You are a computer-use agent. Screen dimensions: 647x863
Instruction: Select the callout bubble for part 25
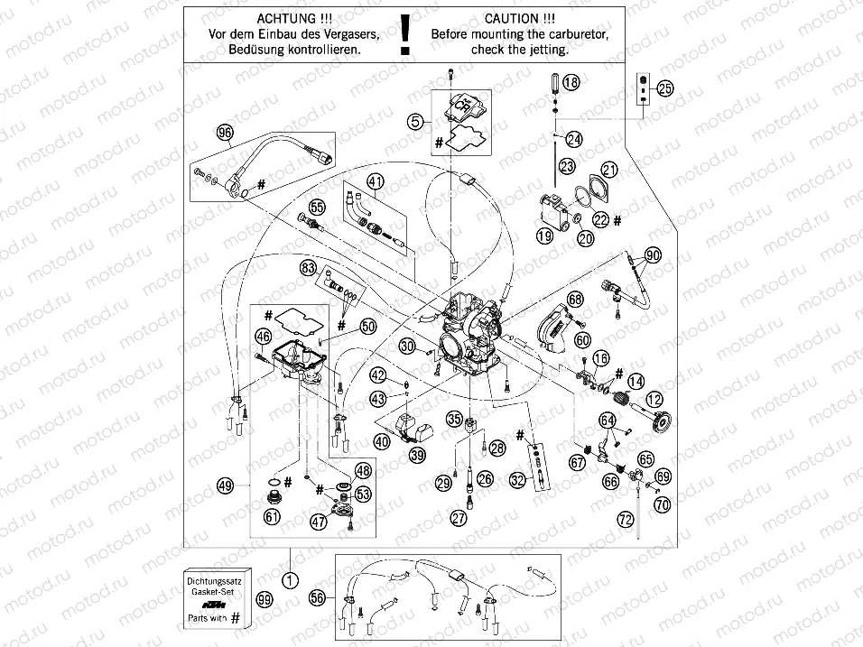[x=665, y=88]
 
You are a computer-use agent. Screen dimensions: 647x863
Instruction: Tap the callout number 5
[x=414, y=120]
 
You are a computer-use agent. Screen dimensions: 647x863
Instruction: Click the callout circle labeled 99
[x=263, y=599]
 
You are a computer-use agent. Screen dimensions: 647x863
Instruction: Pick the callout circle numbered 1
[x=288, y=580]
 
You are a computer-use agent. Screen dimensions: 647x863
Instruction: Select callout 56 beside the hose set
[x=316, y=597]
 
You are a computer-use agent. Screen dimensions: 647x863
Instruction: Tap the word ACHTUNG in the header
[x=287, y=18]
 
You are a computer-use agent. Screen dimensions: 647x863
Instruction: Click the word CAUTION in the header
[x=513, y=18]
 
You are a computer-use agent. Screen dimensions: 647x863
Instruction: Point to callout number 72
[x=625, y=519]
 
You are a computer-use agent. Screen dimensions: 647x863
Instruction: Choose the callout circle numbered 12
[x=653, y=399]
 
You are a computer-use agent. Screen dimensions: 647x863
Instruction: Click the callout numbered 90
[x=652, y=256]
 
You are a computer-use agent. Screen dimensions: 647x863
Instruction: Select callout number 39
[x=417, y=456]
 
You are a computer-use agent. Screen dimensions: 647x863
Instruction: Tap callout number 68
[x=575, y=298]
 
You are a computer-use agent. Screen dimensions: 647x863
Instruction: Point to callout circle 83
[x=310, y=268]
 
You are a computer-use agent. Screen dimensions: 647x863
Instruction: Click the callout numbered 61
[x=272, y=516]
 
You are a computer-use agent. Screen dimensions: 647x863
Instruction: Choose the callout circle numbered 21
[x=609, y=171]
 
